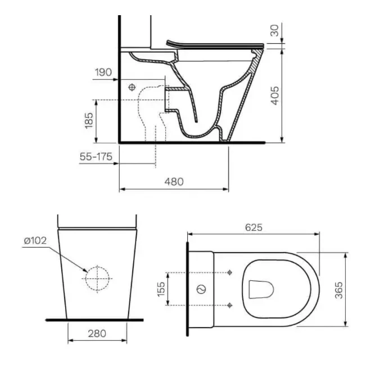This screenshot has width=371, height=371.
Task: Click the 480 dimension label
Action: [174, 182]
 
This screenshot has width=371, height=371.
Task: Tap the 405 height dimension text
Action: [275, 96]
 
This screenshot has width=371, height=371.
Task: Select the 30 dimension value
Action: [274, 30]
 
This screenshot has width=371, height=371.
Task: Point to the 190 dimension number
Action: [103, 72]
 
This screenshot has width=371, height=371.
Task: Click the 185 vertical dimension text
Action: [89, 120]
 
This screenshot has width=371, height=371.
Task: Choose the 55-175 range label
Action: [96, 157]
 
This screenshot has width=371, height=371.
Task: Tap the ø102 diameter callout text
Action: [35, 241]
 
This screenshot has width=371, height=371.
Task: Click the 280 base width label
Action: [97, 334]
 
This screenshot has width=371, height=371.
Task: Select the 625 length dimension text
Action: [254, 227]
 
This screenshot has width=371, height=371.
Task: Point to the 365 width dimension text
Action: [339, 290]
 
